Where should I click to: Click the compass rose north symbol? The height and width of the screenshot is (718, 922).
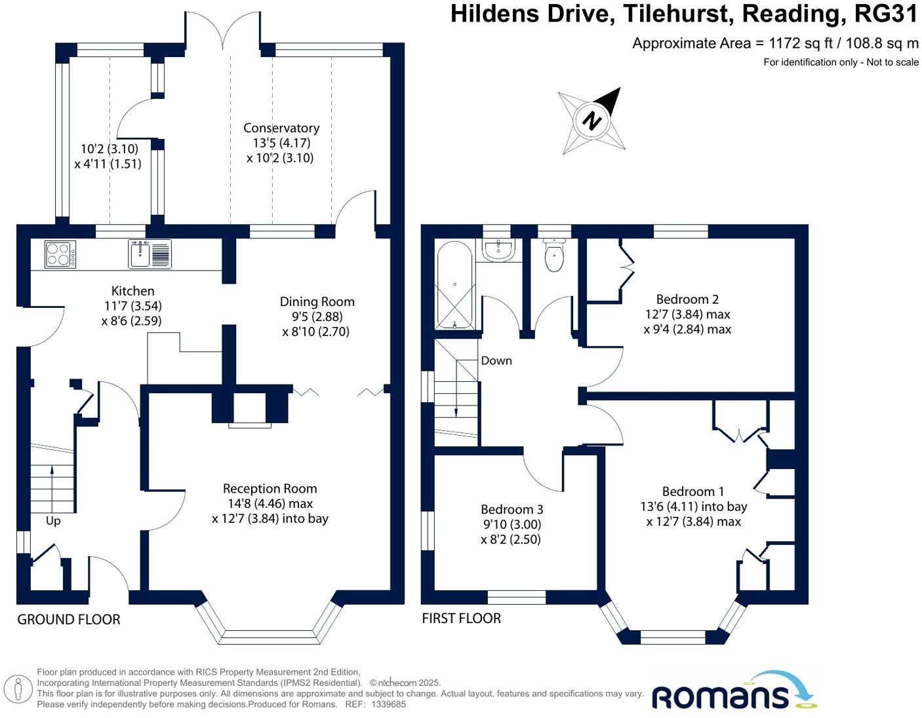(x=592, y=121)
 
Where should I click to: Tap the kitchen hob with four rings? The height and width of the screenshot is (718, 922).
(x=60, y=254)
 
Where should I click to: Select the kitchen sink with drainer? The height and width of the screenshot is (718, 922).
(x=150, y=254)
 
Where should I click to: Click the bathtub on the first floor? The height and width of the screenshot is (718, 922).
(x=455, y=285)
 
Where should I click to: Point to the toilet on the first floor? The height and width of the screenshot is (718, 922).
(x=554, y=256)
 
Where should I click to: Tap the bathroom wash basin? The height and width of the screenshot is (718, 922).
(x=499, y=249)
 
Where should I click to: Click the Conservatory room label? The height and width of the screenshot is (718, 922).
(x=281, y=128)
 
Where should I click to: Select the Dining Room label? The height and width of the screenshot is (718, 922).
(x=317, y=302)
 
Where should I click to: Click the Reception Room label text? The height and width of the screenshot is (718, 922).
(x=270, y=489)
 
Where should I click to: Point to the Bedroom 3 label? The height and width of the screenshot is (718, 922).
(x=511, y=510)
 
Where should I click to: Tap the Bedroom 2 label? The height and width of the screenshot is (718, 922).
(x=687, y=299)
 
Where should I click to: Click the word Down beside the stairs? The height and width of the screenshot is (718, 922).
(x=496, y=361)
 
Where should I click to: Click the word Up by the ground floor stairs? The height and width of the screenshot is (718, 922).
(x=53, y=521)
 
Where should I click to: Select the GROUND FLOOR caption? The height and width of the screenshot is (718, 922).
(x=69, y=620)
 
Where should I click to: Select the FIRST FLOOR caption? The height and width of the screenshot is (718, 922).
(x=461, y=618)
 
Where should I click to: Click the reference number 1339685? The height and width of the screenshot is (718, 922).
(x=388, y=705)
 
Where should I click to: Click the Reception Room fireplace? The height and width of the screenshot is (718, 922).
(x=249, y=411)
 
